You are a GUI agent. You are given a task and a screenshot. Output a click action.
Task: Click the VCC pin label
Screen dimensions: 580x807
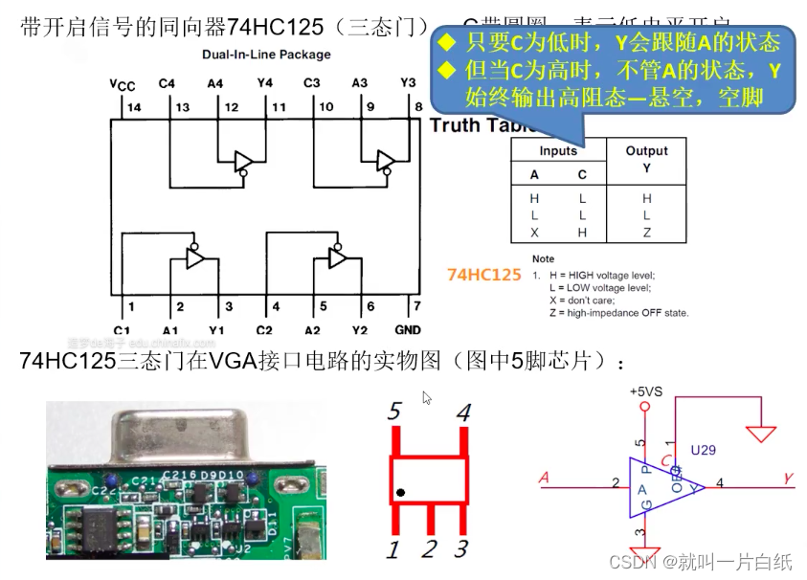pyautogui.click(x=122, y=86)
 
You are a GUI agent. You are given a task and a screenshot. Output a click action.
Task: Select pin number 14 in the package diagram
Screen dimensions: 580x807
pyautogui.click(x=133, y=107)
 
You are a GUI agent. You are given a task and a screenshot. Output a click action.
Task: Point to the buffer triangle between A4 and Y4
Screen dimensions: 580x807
pyautogui.click(x=243, y=159)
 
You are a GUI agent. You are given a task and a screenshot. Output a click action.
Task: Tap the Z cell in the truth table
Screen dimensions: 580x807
pyautogui.click(x=647, y=233)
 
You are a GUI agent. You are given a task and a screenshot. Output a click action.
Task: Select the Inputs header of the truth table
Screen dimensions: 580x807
pyautogui.click(x=558, y=151)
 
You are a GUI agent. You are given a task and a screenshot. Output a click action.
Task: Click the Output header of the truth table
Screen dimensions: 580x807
pyautogui.click(x=647, y=151)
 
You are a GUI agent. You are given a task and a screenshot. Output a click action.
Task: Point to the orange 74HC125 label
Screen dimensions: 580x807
pyautogui.click(x=483, y=275)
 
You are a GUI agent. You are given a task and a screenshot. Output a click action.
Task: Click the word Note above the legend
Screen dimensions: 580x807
pyautogui.click(x=543, y=258)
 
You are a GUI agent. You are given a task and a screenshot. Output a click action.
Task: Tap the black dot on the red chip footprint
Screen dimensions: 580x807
pyautogui.click(x=401, y=493)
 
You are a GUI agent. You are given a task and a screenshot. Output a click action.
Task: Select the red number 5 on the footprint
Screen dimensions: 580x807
pyautogui.click(x=394, y=413)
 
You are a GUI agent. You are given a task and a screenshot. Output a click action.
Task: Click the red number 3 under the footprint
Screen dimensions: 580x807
pyautogui.click(x=461, y=549)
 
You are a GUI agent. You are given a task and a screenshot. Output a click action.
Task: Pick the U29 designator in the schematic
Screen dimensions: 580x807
pyautogui.click(x=704, y=448)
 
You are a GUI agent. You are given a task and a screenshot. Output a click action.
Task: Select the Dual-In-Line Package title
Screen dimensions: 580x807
pyautogui.click(x=266, y=56)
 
